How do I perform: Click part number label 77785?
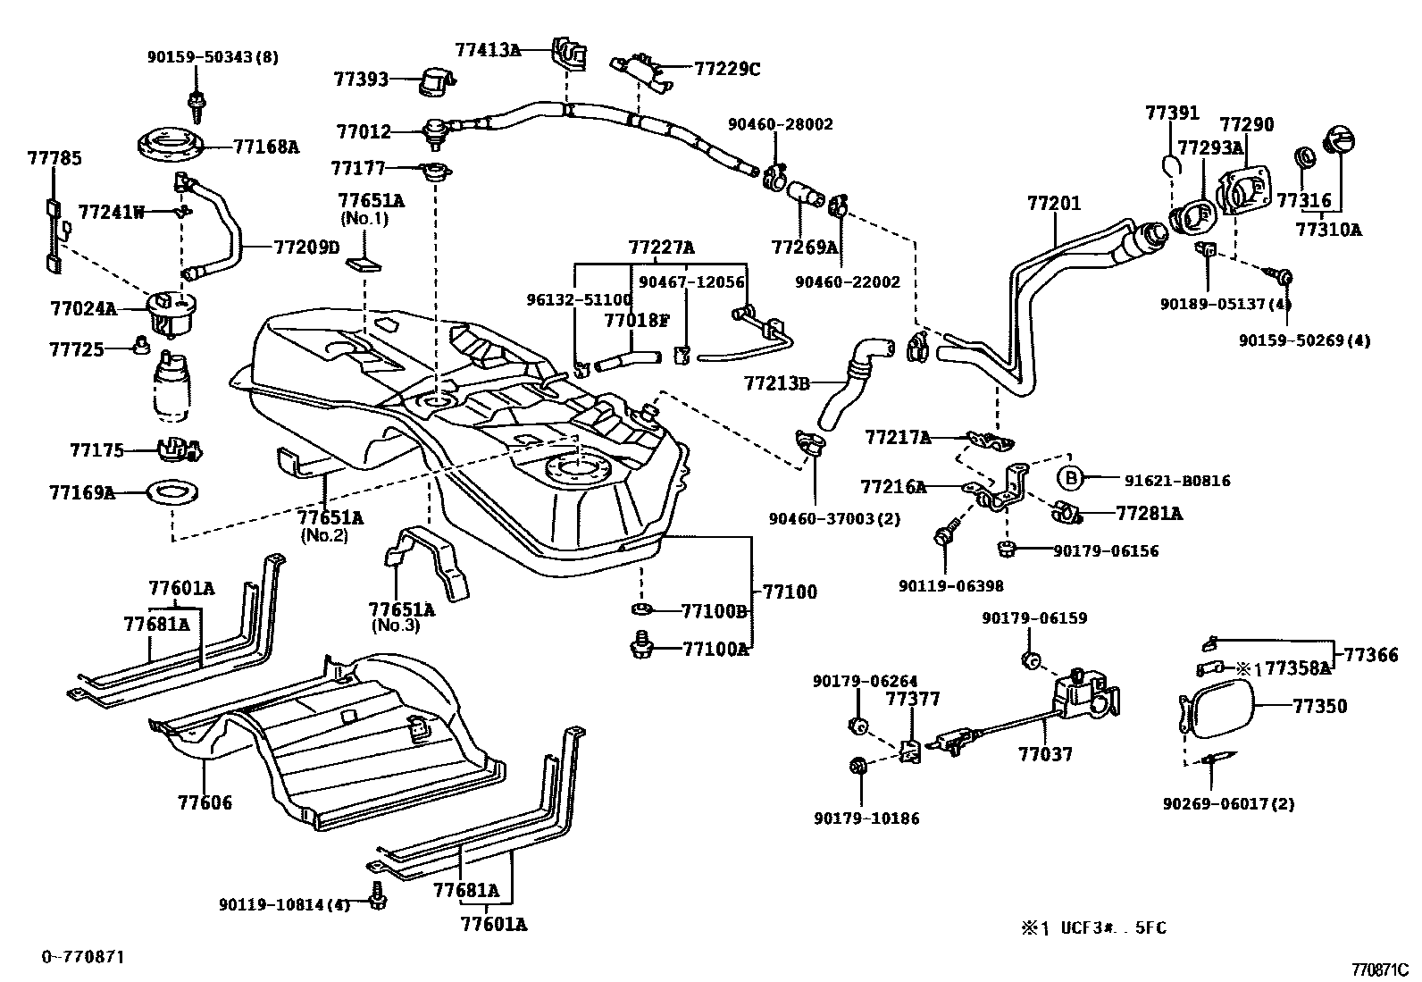click(54, 158)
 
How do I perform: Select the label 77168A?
click(266, 147)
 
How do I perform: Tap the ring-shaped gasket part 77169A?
click(170, 492)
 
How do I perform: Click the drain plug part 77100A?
click(640, 644)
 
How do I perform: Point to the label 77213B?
click(776, 383)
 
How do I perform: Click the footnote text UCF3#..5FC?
click(1113, 927)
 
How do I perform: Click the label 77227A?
click(661, 248)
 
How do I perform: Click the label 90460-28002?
click(780, 124)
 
